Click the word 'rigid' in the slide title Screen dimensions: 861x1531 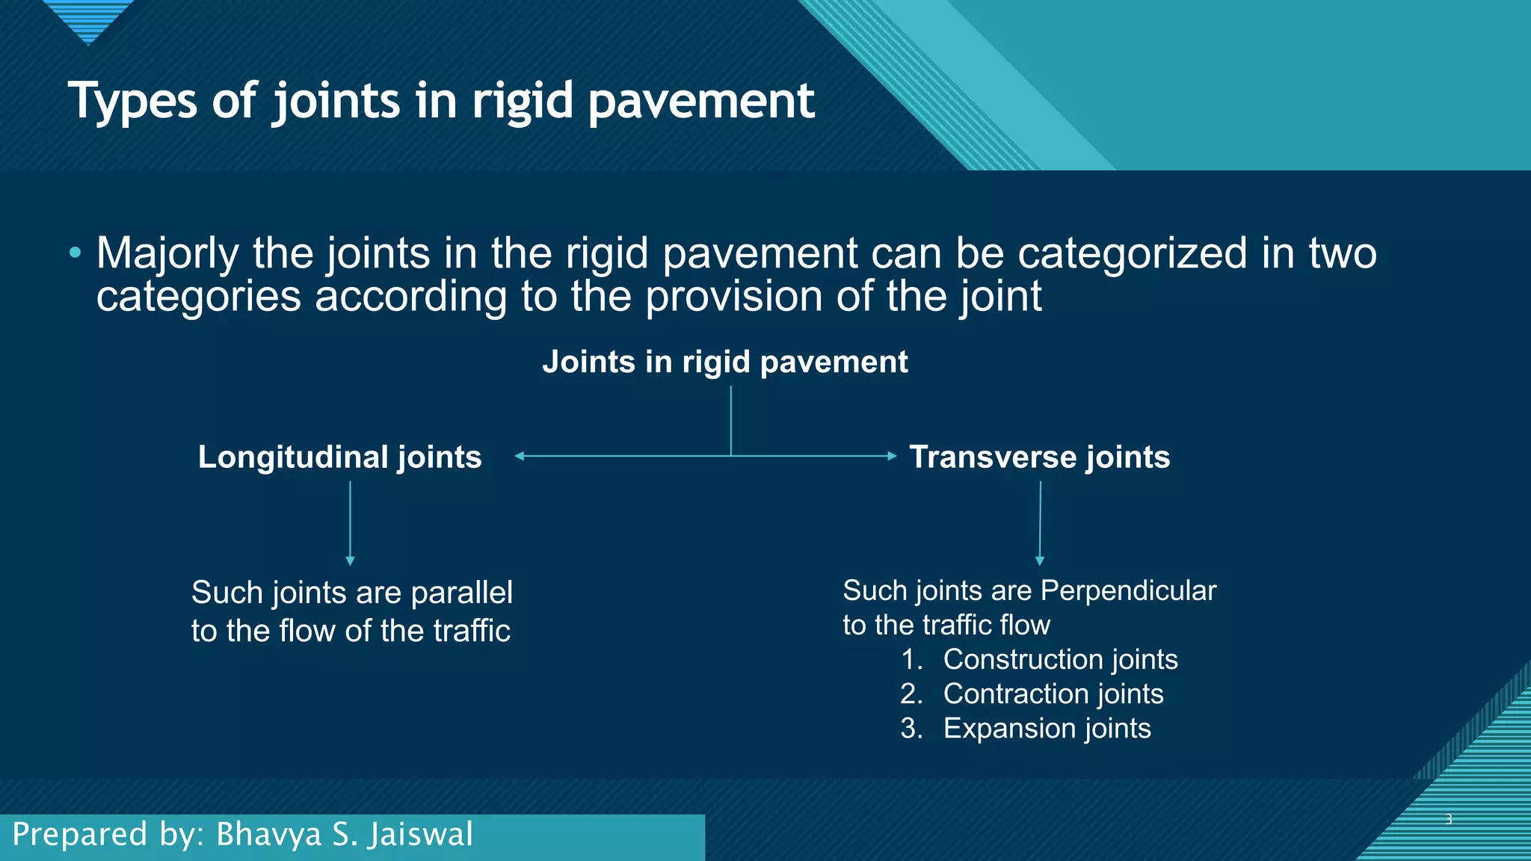(522, 101)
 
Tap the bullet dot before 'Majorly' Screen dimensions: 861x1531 (75, 253)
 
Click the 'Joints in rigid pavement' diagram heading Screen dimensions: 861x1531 (724, 362)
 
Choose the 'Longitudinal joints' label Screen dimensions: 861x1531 (339, 457)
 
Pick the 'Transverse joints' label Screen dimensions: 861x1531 (1039, 457)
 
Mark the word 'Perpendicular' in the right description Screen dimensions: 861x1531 (1128, 590)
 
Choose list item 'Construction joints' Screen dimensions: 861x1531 (1059, 659)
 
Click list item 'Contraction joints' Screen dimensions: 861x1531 (1053, 694)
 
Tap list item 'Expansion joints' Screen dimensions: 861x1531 (1047, 728)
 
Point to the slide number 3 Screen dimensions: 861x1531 (1448, 819)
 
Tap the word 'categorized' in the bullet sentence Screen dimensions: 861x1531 (1132, 254)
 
